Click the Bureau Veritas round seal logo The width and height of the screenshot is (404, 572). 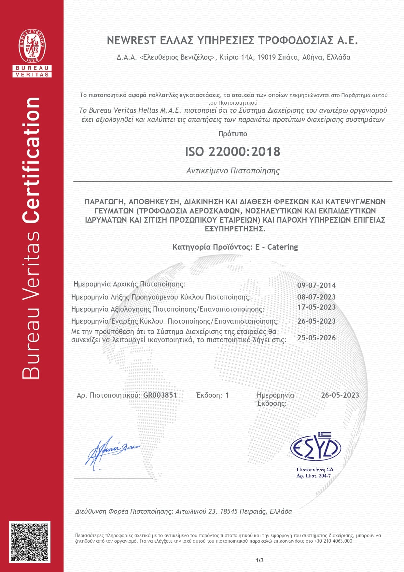click(x=32, y=46)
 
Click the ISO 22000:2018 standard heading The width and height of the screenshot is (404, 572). click(x=232, y=152)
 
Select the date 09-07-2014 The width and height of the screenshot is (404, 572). click(x=316, y=286)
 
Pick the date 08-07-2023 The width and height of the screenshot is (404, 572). click(x=316, y=297)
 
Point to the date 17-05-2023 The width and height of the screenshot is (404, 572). click(x=316, y=307)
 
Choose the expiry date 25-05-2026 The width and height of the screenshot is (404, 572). click(x=316, y=338)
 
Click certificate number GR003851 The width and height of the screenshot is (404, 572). click(x=160, y=395)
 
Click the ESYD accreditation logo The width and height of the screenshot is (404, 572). click(x=315, y=447)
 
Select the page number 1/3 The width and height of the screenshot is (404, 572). click(x=259, y=560)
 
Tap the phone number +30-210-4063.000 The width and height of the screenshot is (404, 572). click(x=333, y=541)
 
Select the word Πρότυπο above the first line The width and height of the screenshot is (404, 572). click(x=232, y=134)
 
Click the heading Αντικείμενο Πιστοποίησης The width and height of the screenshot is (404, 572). click(x=232, y=171)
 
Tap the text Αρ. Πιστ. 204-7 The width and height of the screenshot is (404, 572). click(x=313, y=476)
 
